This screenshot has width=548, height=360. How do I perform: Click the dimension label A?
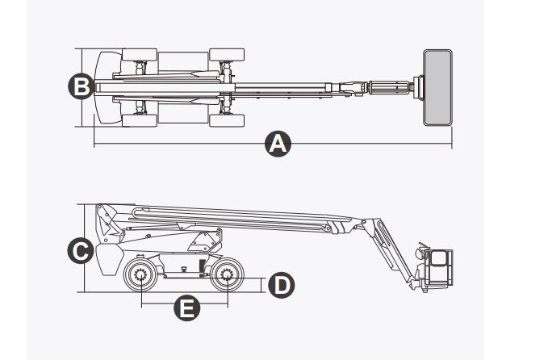(x=277, y=144)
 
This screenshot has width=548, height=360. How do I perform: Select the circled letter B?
(x=78, y=86)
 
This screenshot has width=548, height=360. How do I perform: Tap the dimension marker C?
(x=78, y=251)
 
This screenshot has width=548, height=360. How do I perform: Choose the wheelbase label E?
(x=186, y=308)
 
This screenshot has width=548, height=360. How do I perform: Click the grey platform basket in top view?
(x=437, y=87)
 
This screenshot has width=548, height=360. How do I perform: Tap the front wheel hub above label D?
(x=227, y=278)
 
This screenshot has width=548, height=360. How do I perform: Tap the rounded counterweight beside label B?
(x=105, y=87)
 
